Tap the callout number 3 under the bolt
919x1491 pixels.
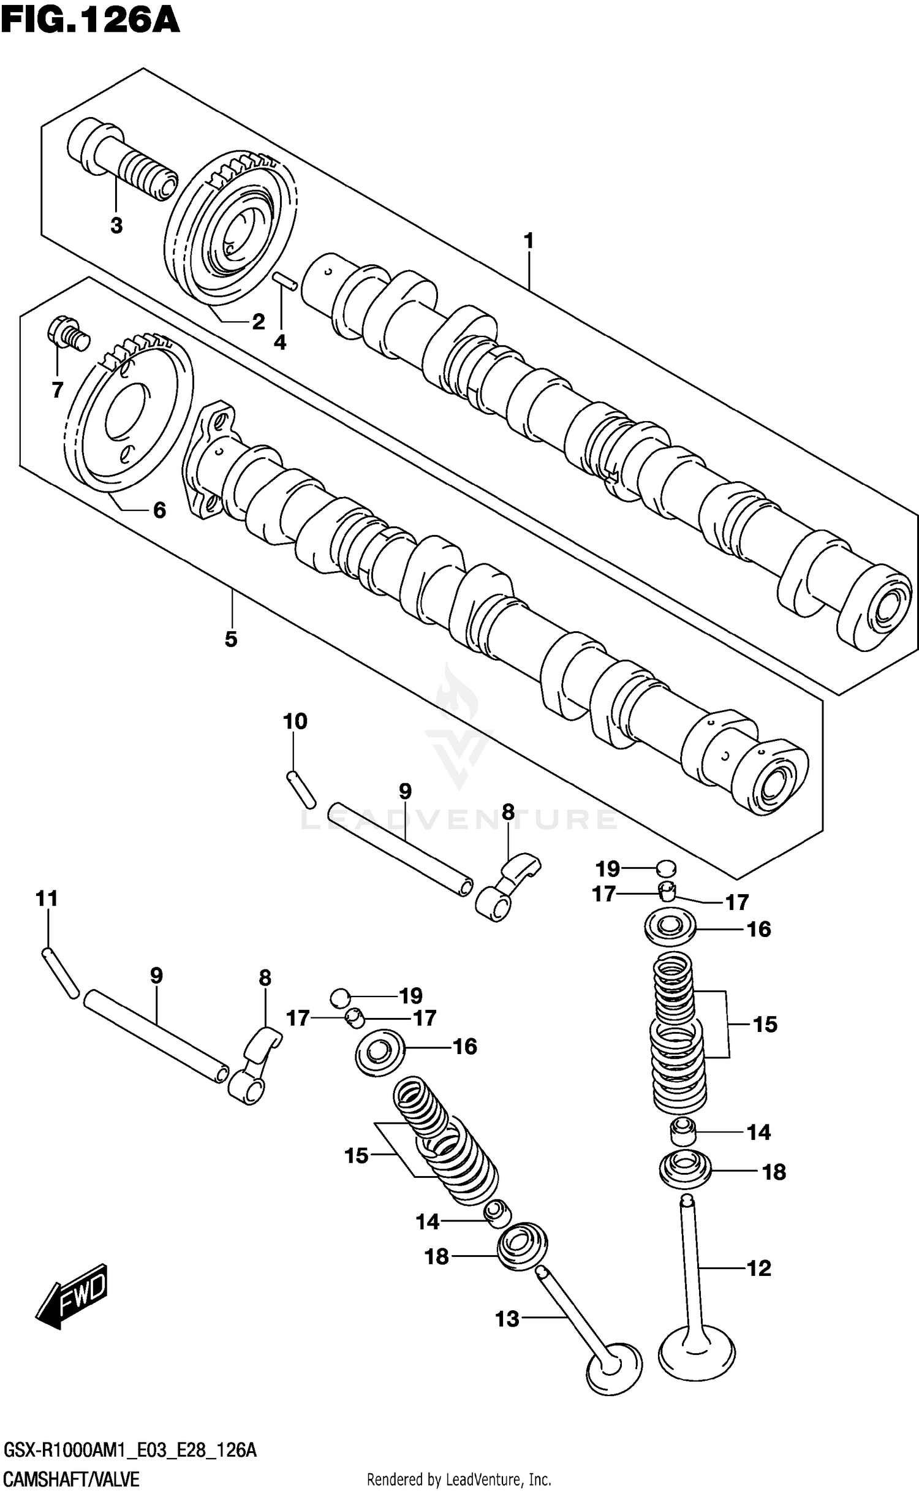[x=116, y=226]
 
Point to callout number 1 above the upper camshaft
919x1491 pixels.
[x=529, y=241]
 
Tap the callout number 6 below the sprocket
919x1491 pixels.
[x=159, y=510]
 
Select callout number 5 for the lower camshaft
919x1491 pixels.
[x=230, y=639]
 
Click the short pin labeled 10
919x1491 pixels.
[x=301, y=790]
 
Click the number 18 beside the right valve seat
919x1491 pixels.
[x=774, y=1172]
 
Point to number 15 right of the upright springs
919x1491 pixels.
[x=765, y=1024]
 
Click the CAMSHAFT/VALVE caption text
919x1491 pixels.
[x=70, y=1479]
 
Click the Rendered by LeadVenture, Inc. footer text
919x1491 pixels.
[x=458, y=1480]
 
